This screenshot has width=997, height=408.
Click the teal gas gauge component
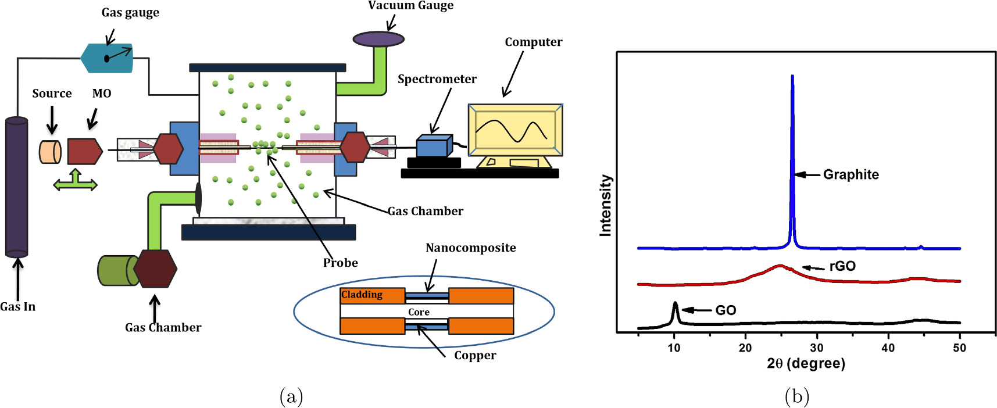pos(107,58)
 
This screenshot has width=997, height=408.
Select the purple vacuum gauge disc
pos(378,39)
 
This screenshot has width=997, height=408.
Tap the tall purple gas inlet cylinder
pos(16,187)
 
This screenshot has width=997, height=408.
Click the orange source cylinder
pos(50,152)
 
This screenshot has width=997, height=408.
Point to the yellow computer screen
pos(515,130)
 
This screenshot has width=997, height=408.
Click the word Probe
pos(340,263)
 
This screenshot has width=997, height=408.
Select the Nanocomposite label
pos(470,248)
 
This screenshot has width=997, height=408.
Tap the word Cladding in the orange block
pos(362,295)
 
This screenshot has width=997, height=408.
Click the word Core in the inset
pos(419,312)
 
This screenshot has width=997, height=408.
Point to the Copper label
pos(475,356)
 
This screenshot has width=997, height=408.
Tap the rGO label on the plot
pos(842,266)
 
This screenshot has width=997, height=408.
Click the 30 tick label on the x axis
pos(817,348)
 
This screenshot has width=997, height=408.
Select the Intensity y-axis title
pos(605,205)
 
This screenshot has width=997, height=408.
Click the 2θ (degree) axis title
pos(806,364)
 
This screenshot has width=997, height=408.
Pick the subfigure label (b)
pos(796,396)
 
